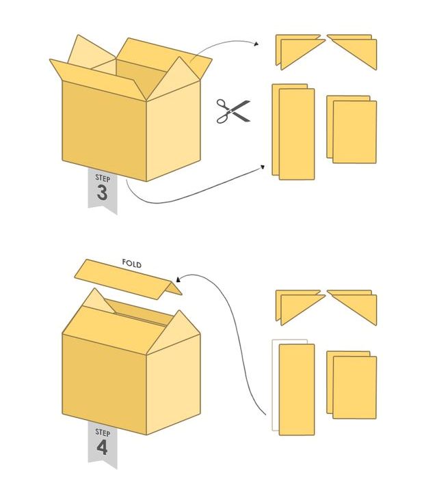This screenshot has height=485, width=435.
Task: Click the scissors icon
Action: (x=233, y=111)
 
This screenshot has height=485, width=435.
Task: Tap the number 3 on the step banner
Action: (x=102, y=193)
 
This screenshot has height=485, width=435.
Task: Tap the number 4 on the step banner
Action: (x=102, y=447)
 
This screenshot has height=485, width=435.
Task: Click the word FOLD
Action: (x=132, y=264)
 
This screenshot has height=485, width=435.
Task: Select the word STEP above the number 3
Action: (x=103, y=178)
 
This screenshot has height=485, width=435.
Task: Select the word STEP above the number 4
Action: (x=103, y=432)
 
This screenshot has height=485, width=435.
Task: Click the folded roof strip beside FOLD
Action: (x=128, y=279)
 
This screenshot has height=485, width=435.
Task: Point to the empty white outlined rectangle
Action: (x=276, y=385)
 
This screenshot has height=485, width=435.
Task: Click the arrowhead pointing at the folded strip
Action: (x=179, y=279)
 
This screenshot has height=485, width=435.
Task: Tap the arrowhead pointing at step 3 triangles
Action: (x=256, y=44)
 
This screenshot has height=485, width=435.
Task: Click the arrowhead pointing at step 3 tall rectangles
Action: (x=262, y=167)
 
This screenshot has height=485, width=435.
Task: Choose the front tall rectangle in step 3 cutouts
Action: (x=297, y=135)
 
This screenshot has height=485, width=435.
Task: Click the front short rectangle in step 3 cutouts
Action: (x=355, y=132)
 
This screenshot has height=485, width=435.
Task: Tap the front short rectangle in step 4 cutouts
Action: (x=355, y=387)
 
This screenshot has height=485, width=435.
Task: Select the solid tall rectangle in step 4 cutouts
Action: (x=297, y=390)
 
